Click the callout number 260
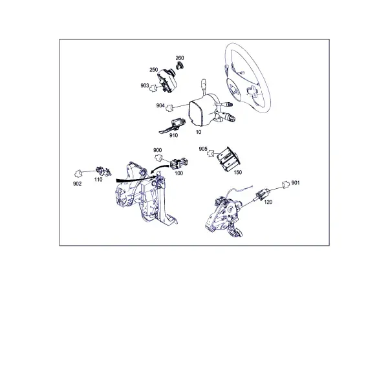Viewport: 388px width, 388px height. click(x=180, y=58)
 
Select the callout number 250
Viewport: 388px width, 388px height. click(x=153, y=70)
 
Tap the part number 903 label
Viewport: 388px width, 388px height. click(x=144, y=85)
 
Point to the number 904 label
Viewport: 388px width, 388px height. click(x=160, y=105)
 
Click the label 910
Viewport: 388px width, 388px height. click(x=173, y=135)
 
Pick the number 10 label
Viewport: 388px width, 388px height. click(x=199, y=132)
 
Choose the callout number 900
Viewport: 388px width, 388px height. click(x=157, y=150)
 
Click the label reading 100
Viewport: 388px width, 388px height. click(x=178, y=173)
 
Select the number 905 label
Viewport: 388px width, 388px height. click(x=203, y=149)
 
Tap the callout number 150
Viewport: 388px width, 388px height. click(x=237, y=172)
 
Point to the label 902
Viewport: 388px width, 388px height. click(x=77, y=184)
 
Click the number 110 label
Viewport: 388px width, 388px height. click(x=98, y=180)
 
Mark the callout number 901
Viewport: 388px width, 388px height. click(x=296, y=183)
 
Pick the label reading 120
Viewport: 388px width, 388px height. click(x=268, y=202)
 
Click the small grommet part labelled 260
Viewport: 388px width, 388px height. click(x=180, y=66)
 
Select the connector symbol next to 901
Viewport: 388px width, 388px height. click(x=286, y=184)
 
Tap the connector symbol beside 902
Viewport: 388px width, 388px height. click(x=78, y=173)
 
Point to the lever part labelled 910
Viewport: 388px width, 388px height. click(x=172, y=126)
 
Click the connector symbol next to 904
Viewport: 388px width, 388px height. click(x=169, y=108)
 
